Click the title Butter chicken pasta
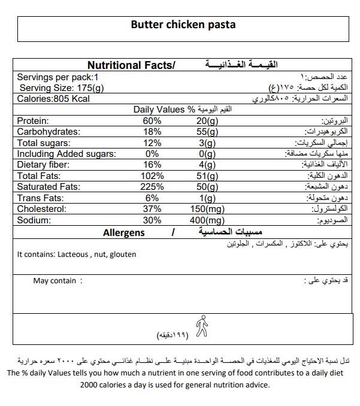click(183, 25)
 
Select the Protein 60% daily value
click(152, 121)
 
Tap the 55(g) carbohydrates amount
click(207, 132)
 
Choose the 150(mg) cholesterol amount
click(205, 209)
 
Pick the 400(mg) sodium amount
click(205, 220)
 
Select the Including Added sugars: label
click(66, 154)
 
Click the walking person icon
click(202, 326)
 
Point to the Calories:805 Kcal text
click(53, 99)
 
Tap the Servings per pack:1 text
click(58, 77)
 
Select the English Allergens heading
click(124, 232)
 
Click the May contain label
click(55, 280)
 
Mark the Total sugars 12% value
click(152, 143)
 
